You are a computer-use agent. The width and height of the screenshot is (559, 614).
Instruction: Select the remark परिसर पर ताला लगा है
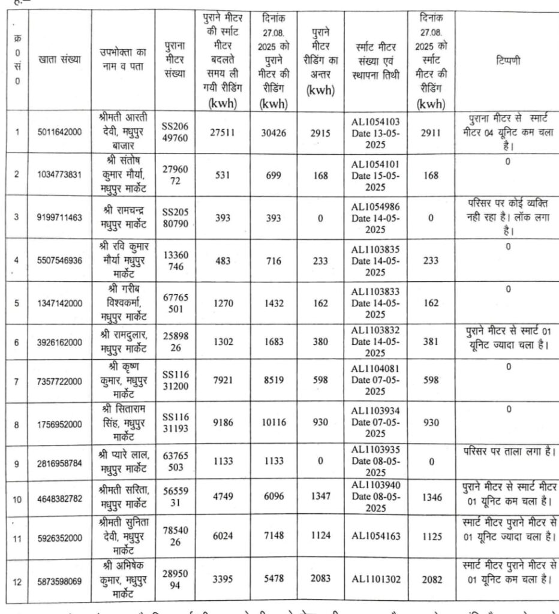pos(508,450)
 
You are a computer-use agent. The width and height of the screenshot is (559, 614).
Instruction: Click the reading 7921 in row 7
pos(221,381)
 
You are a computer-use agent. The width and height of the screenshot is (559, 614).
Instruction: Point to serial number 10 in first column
pos(17,499)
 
